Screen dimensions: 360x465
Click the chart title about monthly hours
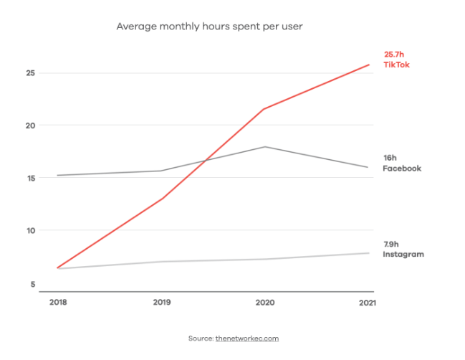[x=210, y=27]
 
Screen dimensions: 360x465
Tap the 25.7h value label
[x=395, y=55]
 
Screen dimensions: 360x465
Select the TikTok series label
[x=396, y=65]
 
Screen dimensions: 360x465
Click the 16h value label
[x=390, y=158]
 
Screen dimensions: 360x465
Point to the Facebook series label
[x=401, y=169]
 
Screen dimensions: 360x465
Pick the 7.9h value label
[x=393, y=244]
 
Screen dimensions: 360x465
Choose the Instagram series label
[x=403, y=255]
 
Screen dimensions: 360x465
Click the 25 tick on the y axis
[x=29, y=73]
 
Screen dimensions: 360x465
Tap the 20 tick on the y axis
[x=29, y=125]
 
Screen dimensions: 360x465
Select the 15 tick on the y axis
[x=29, y=179]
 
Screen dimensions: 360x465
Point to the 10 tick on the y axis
[x=29, y=231]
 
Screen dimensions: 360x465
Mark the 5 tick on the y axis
[x=32, y=284]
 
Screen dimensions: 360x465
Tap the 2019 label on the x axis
[x=162, y=303]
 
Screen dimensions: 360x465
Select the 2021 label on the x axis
[x=368, y=303]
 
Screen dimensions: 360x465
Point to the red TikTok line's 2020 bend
[x=264, y=109]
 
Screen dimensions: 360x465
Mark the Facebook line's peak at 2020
[x=265, y=147]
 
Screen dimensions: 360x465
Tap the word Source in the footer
[x=200, y=338]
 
